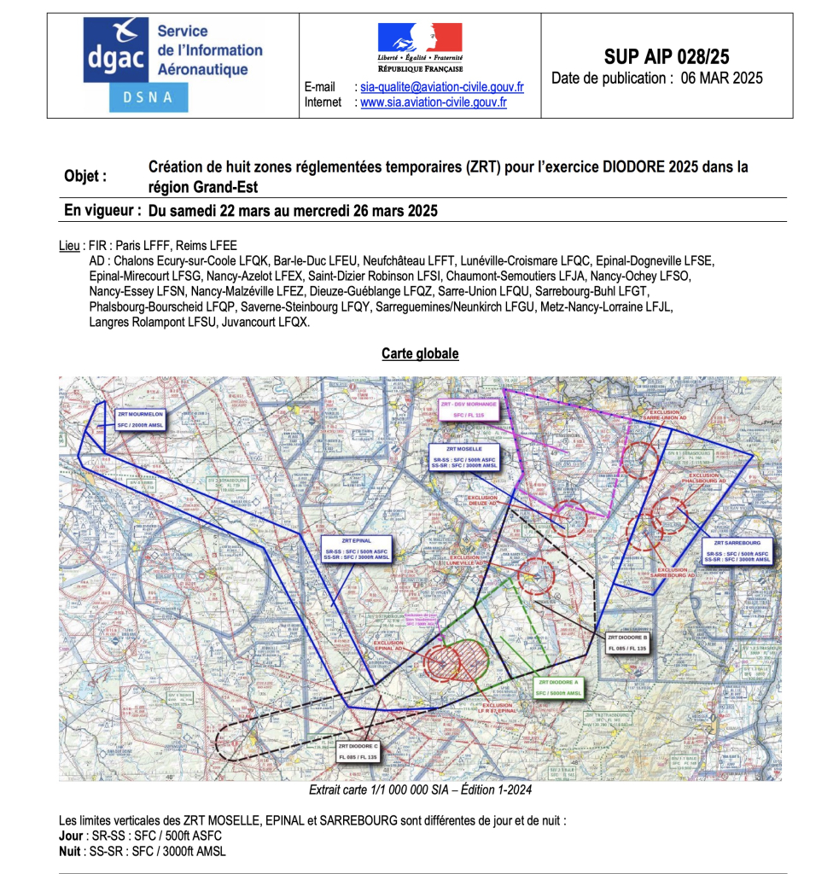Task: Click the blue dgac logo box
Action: point(117,51)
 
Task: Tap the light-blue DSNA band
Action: point(148,98)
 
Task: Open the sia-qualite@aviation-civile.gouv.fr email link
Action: point(441,87)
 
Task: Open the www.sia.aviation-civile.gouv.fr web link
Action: point(433,102)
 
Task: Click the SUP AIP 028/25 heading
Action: point(667,57)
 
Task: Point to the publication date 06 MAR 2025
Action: point(721,79)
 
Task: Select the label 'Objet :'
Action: point(85,176)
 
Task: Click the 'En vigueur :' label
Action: point(102,211)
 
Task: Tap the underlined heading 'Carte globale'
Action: point(420,353)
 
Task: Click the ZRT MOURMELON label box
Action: point(141,418)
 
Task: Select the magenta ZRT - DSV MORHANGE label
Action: point(468,410)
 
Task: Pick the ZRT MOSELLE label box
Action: point(464,457)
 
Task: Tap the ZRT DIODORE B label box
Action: point(627,643)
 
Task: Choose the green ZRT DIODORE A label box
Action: point(559,687)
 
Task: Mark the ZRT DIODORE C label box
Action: point(358,752)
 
